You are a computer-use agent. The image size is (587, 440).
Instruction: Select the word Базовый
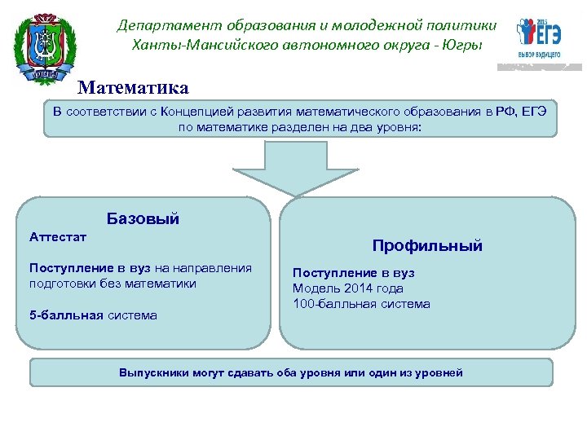[143, 218]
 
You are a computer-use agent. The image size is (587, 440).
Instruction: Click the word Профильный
[427, 245]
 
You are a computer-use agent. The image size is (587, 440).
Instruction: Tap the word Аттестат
[58, 237]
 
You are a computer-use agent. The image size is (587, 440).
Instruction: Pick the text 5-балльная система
[93, 315]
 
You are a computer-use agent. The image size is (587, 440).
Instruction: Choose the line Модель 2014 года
[348, 288]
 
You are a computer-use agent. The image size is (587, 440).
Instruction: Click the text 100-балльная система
[361, 304]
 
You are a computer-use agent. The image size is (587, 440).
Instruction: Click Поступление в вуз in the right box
[354, 273]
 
